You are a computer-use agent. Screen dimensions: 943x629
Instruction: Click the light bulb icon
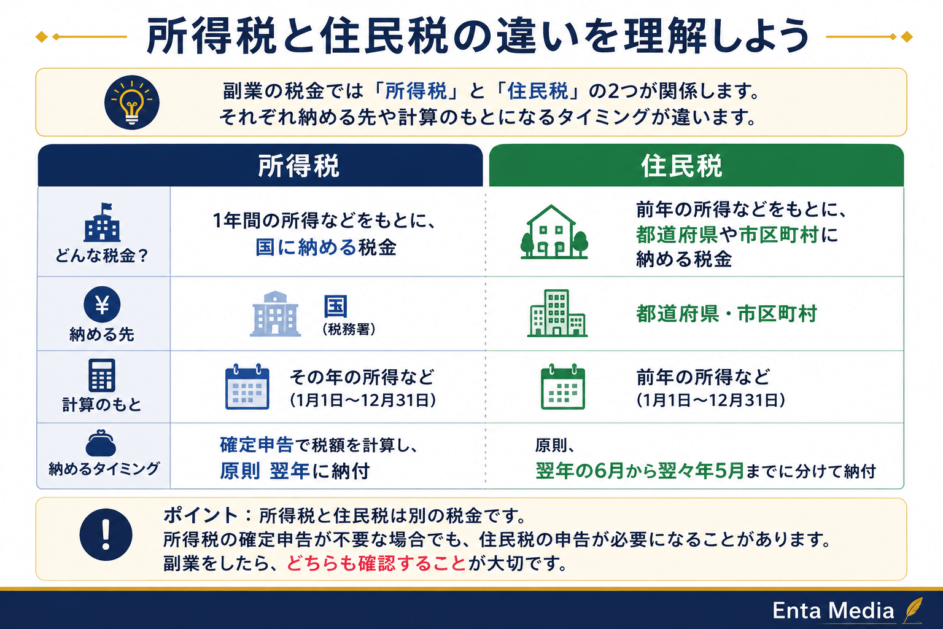(x=132, y=103)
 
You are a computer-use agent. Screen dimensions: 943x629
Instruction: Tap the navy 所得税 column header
(x=260, y=166)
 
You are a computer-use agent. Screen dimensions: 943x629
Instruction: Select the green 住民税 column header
(x=696, y=166)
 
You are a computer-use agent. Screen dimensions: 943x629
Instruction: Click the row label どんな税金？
(x=102, y=256)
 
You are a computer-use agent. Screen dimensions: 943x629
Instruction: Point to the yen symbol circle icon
(x=102, y=304)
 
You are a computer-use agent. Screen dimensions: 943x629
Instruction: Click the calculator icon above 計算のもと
(x=102, y=375)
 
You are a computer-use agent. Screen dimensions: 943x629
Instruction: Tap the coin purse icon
(x=101, y=443)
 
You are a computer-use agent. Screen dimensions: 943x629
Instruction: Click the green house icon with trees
(x=554, y=232)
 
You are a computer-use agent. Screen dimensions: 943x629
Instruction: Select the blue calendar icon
(x=247, y=387)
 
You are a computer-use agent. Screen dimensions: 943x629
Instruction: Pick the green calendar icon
(x=563, y=387)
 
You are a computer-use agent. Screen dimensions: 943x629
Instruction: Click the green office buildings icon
(x=557, y=313)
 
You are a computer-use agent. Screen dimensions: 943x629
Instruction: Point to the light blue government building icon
(x=275, y=314)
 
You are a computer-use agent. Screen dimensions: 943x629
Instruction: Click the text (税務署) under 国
(x=349, y=329)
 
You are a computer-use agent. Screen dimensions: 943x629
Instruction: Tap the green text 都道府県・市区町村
(x=726, y=314)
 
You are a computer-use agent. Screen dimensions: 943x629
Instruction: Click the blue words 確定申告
(x=257, y=445)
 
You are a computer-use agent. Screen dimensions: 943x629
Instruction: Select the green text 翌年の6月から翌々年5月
(x=640, y=471)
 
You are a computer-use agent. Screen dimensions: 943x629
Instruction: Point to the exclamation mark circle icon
(x=106, y=534)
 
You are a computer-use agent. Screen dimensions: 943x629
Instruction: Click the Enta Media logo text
(x=833, y=611)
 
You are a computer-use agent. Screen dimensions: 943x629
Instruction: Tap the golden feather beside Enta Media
(x=913, y=609)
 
